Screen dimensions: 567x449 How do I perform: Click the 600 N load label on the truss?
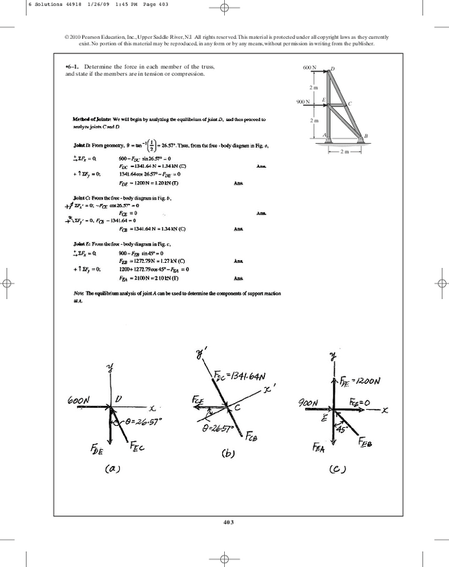pos(308,68)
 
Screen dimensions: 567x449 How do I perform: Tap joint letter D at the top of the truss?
pos(333,68)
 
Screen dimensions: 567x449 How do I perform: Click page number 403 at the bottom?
pos(224,521)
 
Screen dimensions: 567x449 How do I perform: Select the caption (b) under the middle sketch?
pos(229,453)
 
